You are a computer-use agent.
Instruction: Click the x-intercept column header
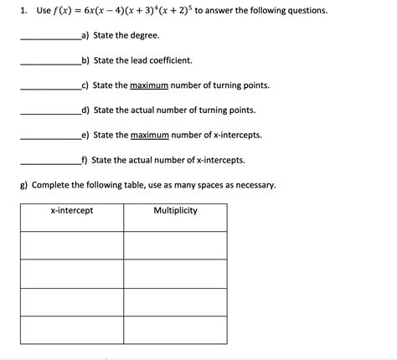tap(72, 210)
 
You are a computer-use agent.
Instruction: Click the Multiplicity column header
tap(175, 210)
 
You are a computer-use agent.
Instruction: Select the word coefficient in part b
tap(170, 60)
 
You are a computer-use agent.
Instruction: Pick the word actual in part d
tap(146, 110)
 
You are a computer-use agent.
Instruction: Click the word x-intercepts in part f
tap(220, 159)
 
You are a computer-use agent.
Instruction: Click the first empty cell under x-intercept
tap(72, 244)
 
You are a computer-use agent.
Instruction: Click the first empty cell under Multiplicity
tap(175, 244)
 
